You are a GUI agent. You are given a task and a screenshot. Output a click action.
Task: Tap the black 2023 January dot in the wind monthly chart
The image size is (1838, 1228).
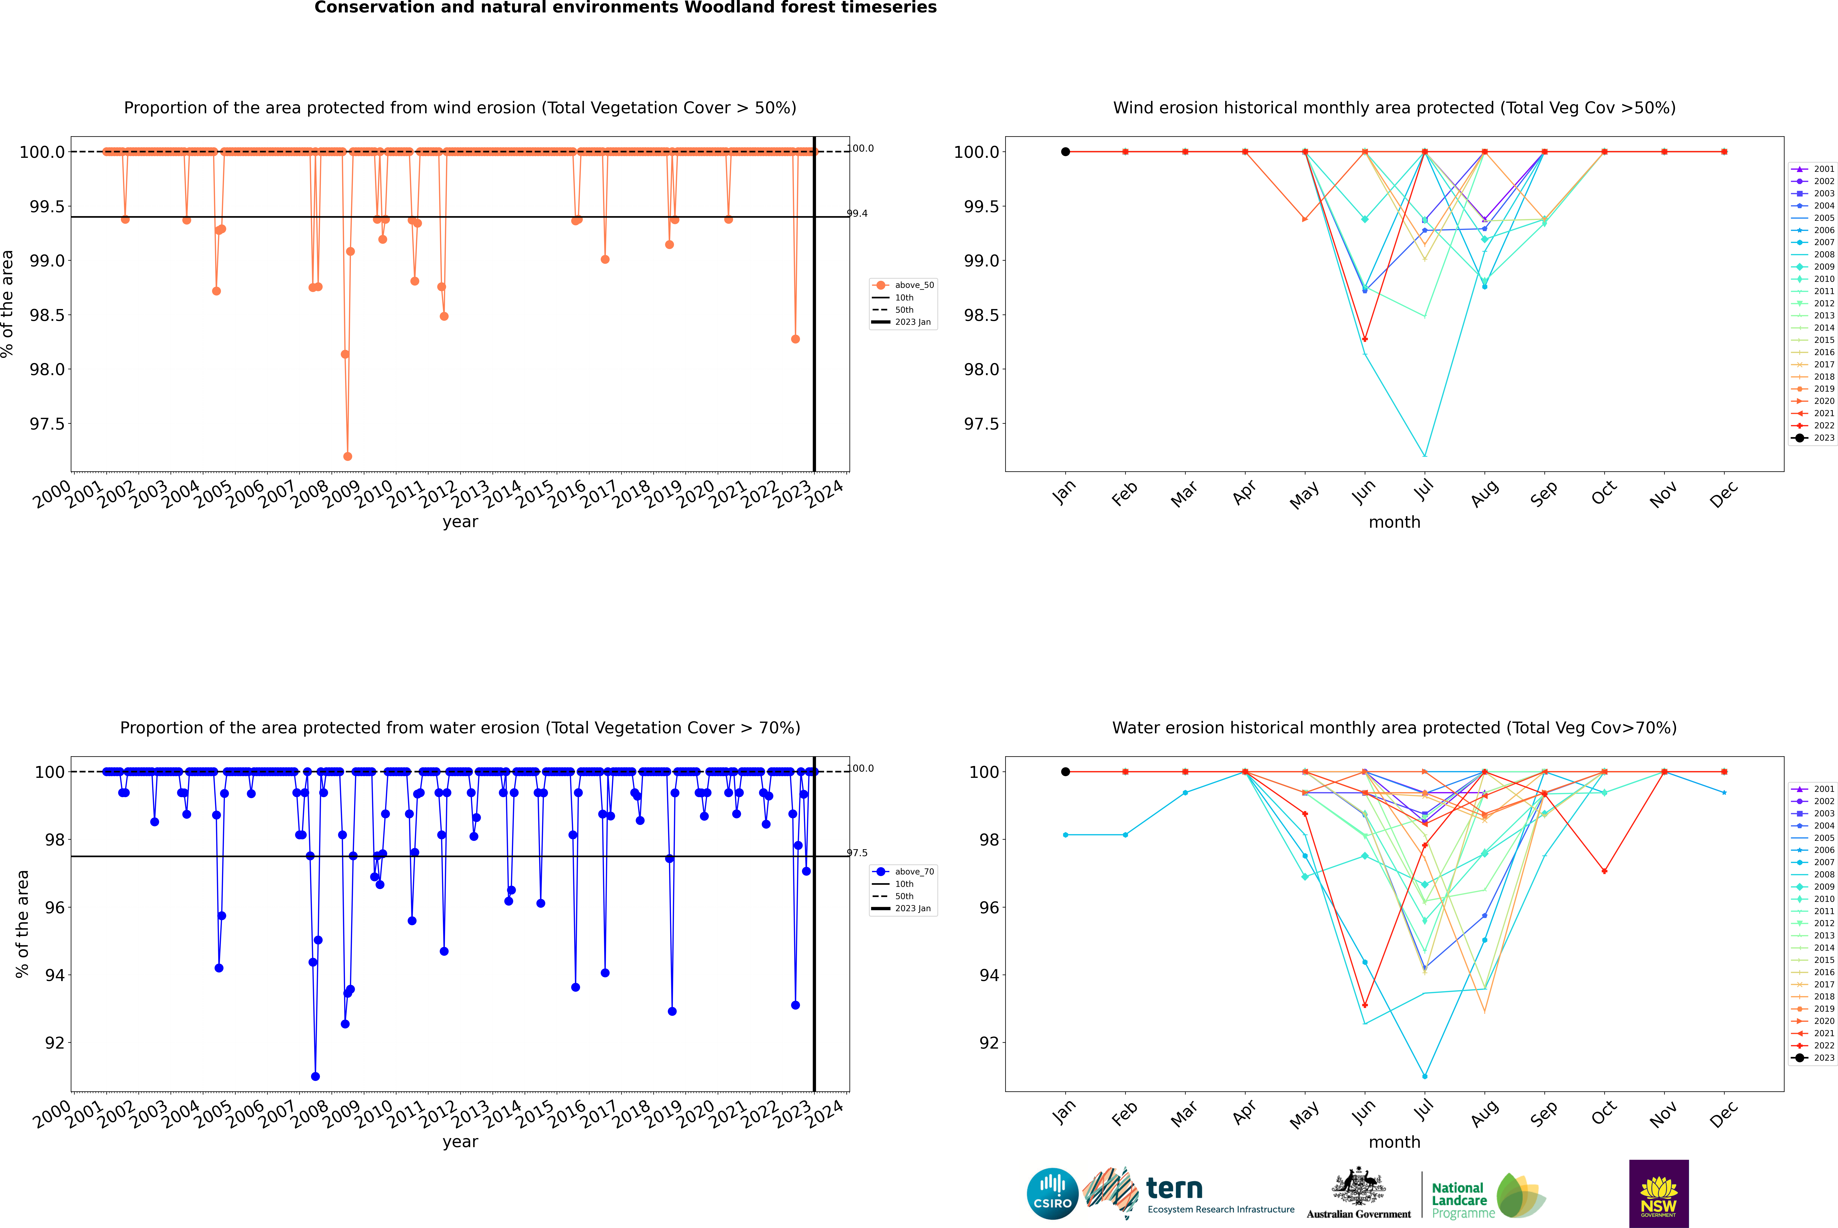[1066, 152]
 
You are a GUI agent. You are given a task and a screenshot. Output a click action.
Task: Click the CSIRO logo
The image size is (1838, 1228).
[1052, 1194]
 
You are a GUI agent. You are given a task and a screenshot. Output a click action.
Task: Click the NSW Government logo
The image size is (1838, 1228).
[1659, 1194]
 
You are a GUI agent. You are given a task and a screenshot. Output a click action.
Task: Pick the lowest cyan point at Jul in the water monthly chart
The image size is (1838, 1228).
[1424, 1076]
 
